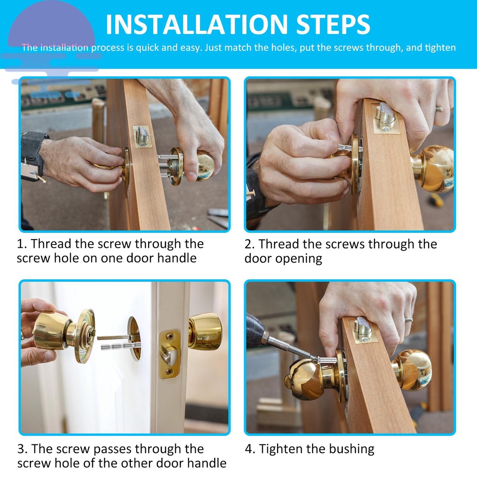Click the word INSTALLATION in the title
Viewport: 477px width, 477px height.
coord(197,24)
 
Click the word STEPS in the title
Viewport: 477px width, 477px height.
coord(333,24)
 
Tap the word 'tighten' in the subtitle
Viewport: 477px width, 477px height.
coord(440,48)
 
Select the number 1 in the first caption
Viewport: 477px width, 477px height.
coord(20,244)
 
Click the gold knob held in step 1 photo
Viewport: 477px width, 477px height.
coord(204,166)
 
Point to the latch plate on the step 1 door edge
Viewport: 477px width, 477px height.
coord(143,136)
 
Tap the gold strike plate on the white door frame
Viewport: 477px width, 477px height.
coord(170,354)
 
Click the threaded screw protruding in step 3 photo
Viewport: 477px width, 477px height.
coord(121,346)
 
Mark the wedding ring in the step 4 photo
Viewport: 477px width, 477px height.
coord(408,320)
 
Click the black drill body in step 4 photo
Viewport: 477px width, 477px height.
coord(255,330)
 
